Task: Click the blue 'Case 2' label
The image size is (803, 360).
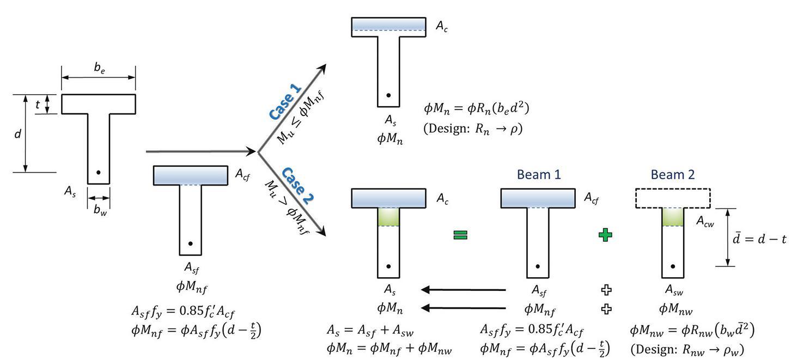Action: click(x=297, y=185)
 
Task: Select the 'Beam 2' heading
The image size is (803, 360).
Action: click(x=672, y=174)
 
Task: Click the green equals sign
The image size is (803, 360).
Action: click(x=461, y=235)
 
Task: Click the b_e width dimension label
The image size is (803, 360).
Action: click(x=99, y=68)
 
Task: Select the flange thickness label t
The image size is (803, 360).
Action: click(x=38, y=105)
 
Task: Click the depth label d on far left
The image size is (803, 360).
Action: click(x=17, y=133)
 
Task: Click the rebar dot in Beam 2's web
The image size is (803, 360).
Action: click(x=673, y=266)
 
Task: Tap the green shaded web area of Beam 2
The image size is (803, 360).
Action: click(x=672, y=217)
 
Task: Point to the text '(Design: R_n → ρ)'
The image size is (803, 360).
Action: click(x=473, y=130)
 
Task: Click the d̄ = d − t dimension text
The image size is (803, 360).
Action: click(x=759, y=238)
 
